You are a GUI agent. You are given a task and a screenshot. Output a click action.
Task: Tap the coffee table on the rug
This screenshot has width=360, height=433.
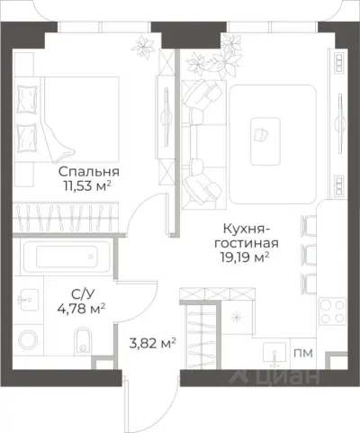pos(266,130)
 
